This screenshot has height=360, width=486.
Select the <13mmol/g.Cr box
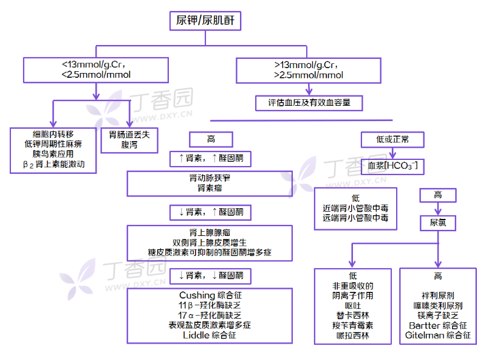click(x=97, y=70)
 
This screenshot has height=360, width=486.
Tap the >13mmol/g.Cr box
click(x=308, y=70)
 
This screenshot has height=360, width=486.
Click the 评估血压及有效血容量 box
click(x=309, y=103)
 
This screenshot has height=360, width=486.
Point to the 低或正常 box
click(x=392, y=139)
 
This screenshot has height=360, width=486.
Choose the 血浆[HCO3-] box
click(x=392, y=165)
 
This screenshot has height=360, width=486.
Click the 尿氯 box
click(x=438, y=223)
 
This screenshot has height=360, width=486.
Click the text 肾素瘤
click(x=210, y=189)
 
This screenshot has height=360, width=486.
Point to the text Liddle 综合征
click(x=210, y=335)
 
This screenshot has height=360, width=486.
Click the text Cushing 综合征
click(x=210, y=295)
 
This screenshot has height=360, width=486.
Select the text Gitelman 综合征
click(x=437, y=335)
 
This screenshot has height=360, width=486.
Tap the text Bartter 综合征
click(x=437, y=325)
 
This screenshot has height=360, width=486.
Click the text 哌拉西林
click(x=352, y=335)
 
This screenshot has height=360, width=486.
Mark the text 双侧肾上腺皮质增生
click(x=210, y=242)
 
